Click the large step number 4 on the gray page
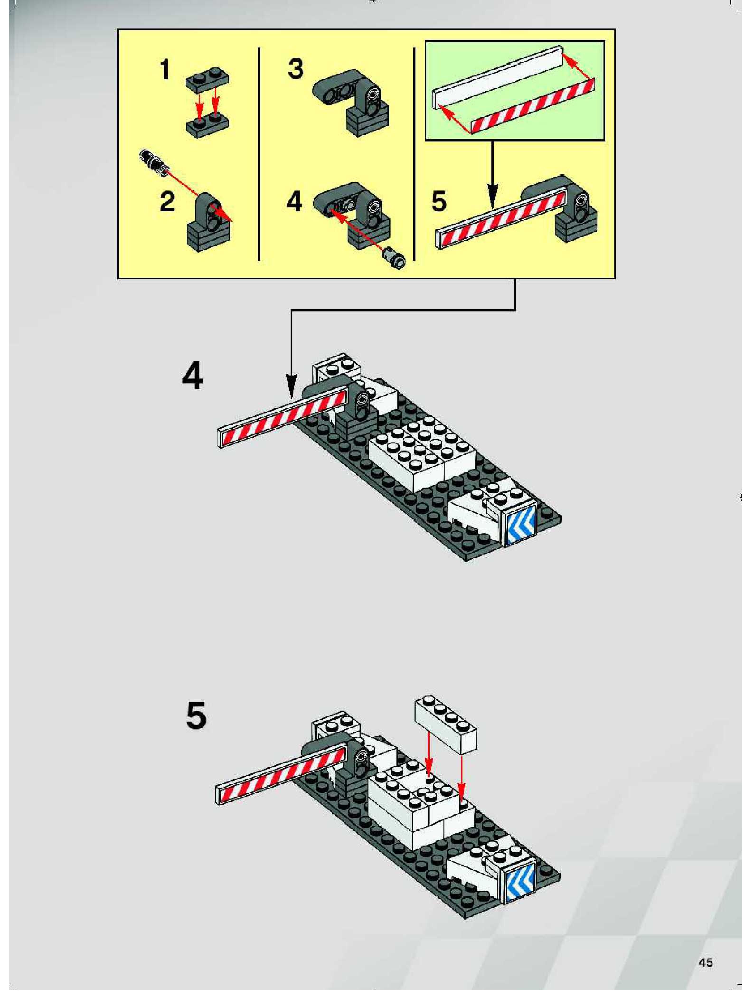click(x=193, y=376)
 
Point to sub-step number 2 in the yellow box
click(x=167, y=202)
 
